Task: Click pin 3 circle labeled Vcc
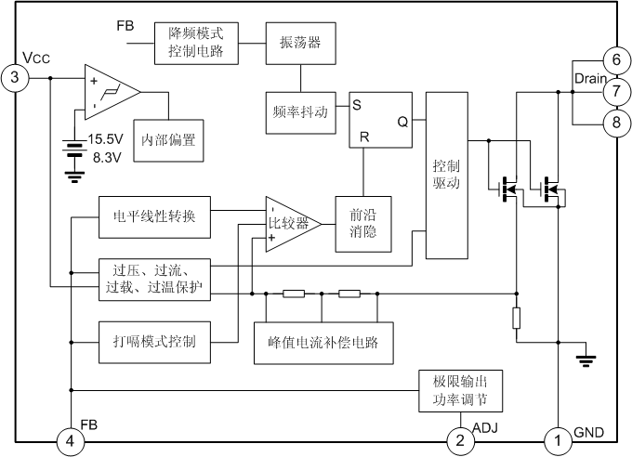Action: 15,77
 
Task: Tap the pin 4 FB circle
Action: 70,441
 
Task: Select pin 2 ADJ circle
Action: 460,441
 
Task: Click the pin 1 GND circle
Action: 559,441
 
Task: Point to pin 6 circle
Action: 617,60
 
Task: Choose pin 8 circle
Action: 617,123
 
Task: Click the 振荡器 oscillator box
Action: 301,44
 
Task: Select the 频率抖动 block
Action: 301,112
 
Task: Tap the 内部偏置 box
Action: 168,140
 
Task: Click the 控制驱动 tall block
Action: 447,176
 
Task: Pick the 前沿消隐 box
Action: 363,224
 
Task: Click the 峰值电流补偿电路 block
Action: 323,343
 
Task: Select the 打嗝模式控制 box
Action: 155,342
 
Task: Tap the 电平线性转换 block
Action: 155,217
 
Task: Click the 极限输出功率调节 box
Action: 461,391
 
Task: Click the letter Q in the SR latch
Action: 402,122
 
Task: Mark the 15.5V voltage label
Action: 105,139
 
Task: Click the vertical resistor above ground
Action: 517,318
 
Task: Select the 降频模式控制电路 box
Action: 196,44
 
